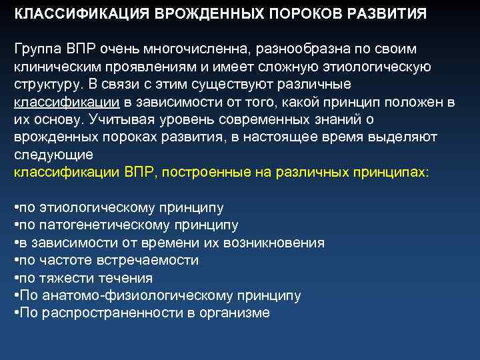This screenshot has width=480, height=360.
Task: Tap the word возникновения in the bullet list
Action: [278, 243]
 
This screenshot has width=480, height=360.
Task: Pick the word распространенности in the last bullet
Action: [107, 313]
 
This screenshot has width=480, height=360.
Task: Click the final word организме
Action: [237, 313]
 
